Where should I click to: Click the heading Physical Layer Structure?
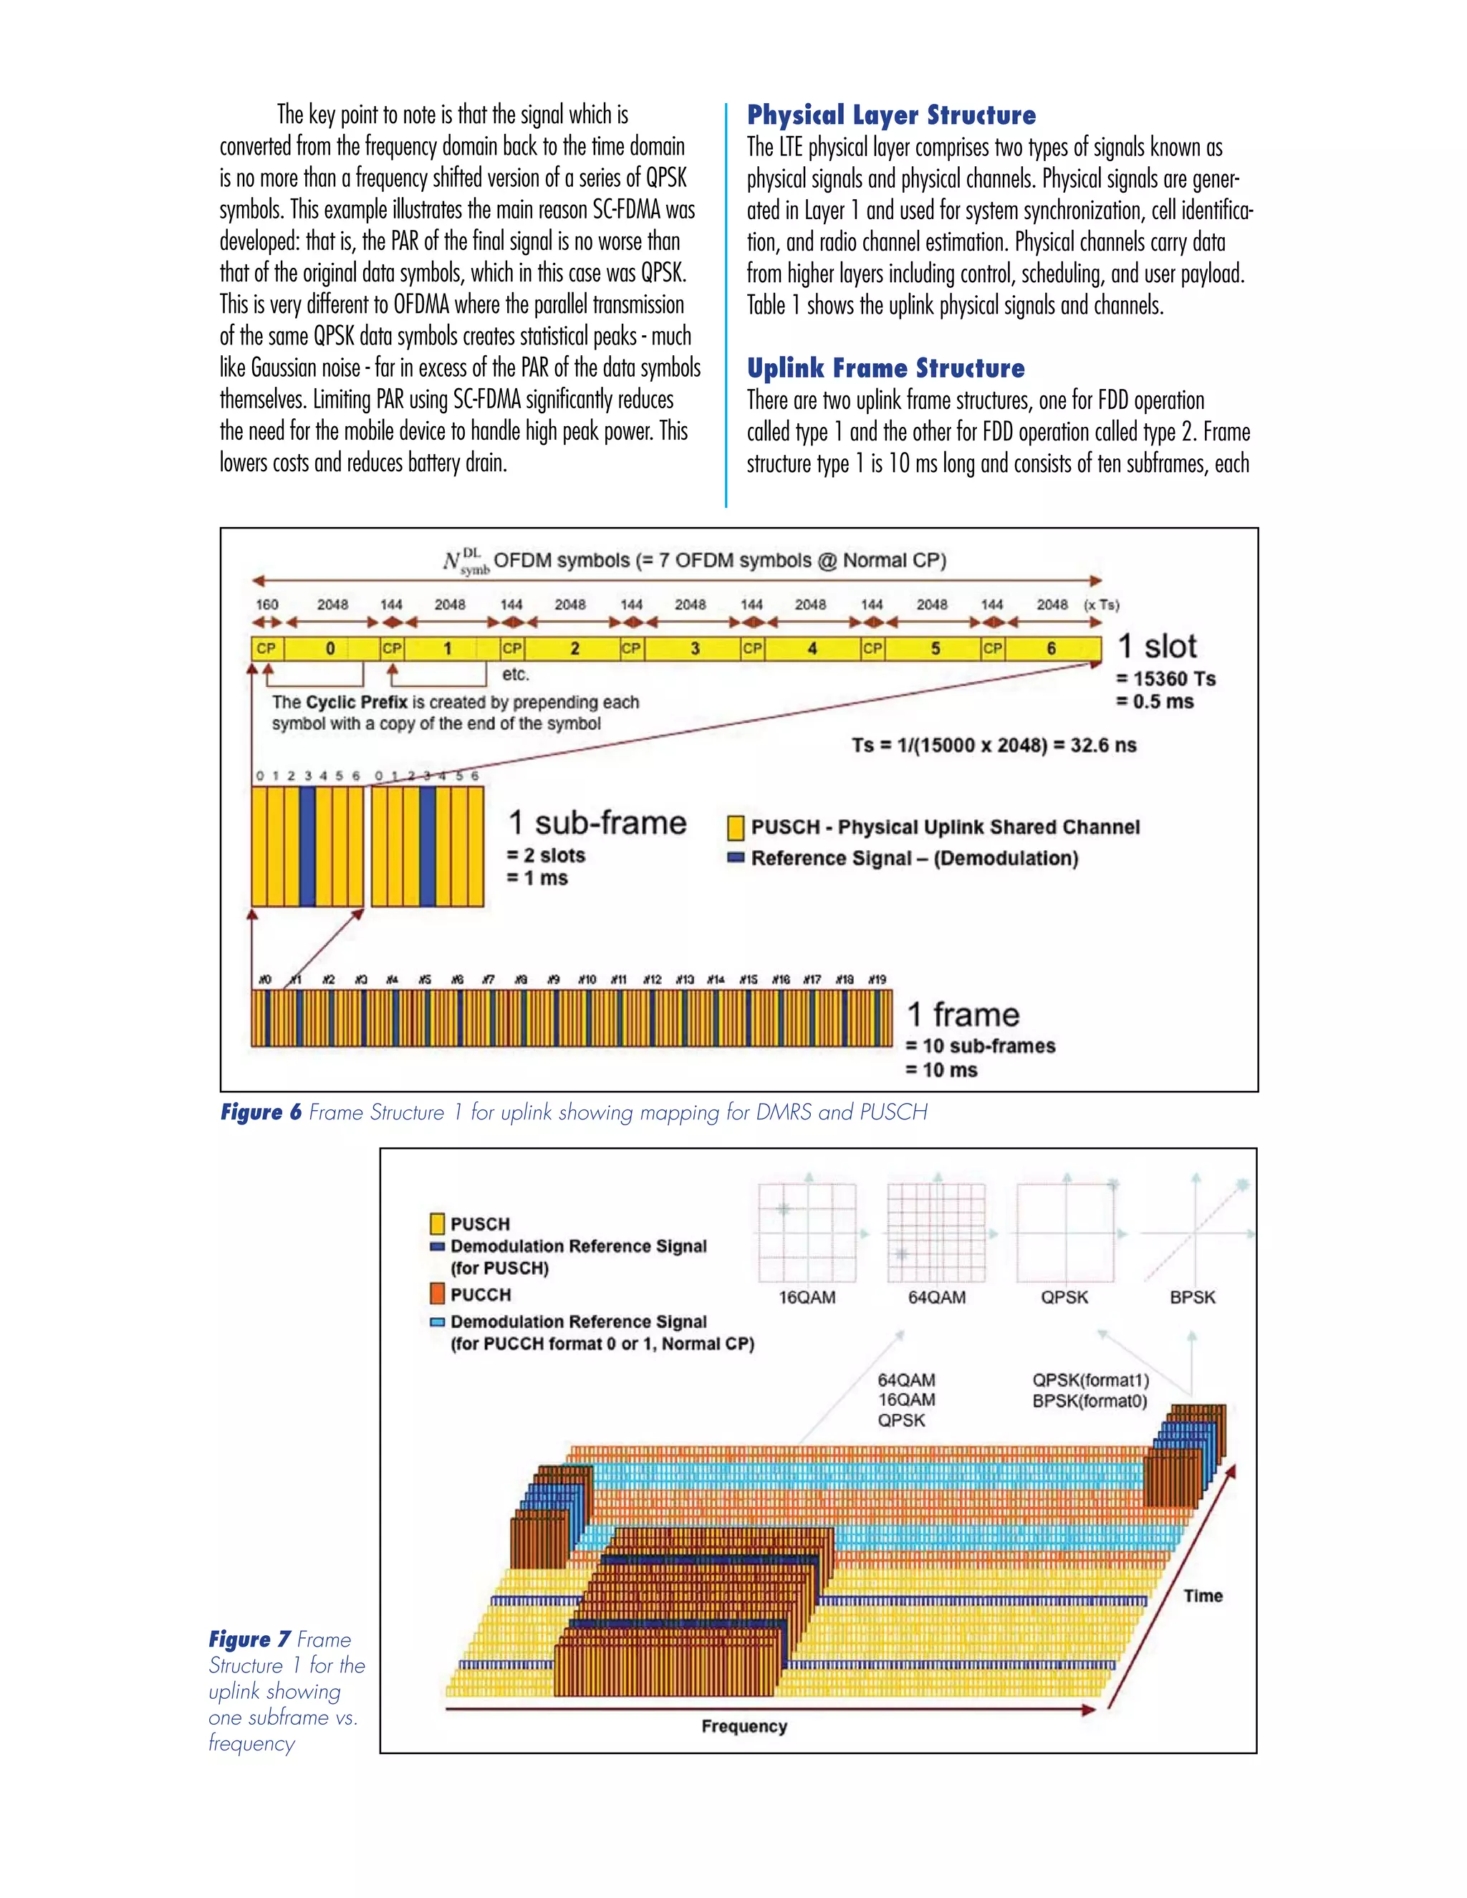(x=891, y=115)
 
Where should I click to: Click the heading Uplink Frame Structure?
(x=885, y=368)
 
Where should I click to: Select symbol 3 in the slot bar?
(x=694, y=648)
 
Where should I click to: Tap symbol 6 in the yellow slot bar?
(x=1052, y=648)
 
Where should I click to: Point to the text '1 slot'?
(x=1157, y=647)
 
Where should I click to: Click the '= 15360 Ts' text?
(x=1166, y=679)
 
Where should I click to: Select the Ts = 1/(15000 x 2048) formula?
(x=994, y=745)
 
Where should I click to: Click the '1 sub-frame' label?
(x=597, y=822)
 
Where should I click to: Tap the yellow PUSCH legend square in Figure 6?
(x=735, y=827)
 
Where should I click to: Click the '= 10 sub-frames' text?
(x=981, y=1046)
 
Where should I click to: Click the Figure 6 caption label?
(x=261, y=1112)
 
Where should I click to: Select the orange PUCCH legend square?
(x=438, y=1294)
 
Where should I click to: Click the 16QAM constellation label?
(x=807, y=1298)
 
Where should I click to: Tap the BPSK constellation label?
(x=1193, y=1298)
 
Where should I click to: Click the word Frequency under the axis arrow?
(x=744, y=1726)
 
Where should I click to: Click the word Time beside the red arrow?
(x=1203, y=1596)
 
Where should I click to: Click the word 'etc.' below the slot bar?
(x=515, y=675)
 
